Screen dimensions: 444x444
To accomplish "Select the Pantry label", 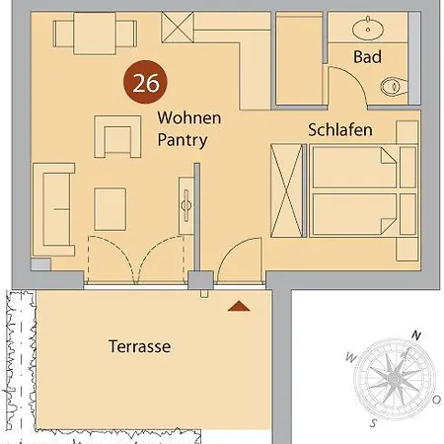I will coord(183,140).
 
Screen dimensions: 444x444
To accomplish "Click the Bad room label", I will coord(367,58).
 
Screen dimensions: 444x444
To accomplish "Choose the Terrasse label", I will coord(139,346).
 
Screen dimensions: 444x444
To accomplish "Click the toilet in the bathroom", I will coord(397,87).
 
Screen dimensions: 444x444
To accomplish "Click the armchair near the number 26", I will coord(115,135).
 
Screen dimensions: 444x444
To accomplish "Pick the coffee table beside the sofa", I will coord(110,208).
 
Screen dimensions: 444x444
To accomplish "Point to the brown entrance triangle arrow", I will coord(235,308).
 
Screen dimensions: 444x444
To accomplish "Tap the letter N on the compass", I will coord(418,336).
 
